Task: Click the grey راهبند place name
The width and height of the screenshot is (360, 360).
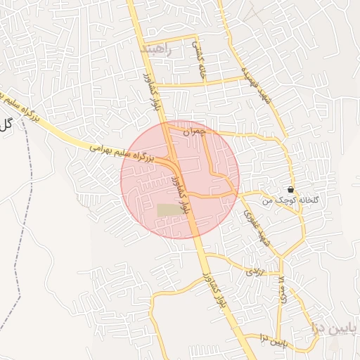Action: pos(157,49)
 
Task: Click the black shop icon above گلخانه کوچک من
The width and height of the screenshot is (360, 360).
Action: pos(291,190)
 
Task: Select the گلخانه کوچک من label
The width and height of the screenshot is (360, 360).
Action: pos(291,201)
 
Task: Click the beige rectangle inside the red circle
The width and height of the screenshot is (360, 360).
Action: pos(168,210)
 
